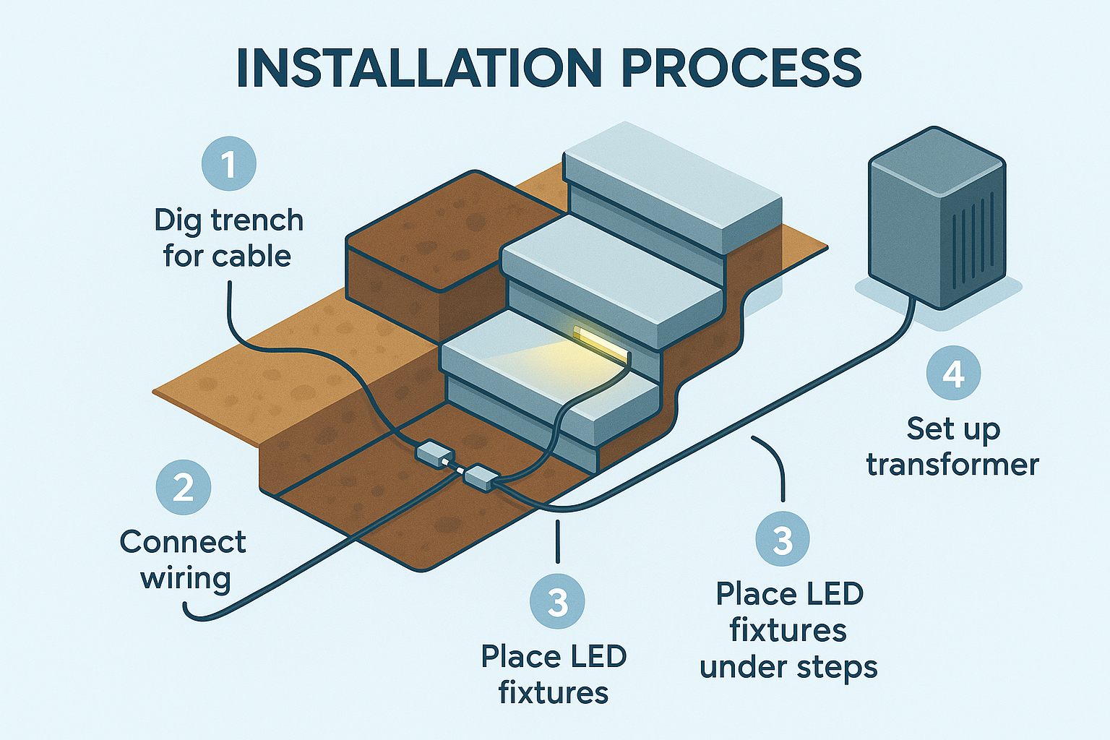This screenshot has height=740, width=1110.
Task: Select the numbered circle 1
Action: [228, 164]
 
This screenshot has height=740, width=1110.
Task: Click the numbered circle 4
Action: [953, 374]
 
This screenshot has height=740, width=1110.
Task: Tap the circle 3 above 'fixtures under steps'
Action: [782, 539]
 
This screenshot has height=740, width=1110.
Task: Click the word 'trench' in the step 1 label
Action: [257, 220]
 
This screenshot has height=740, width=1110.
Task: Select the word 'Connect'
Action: [183, 542]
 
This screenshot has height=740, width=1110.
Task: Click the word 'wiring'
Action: [186, 578]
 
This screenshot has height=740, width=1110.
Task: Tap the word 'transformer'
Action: [952, 465]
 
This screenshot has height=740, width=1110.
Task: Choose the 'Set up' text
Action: [952, 429]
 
